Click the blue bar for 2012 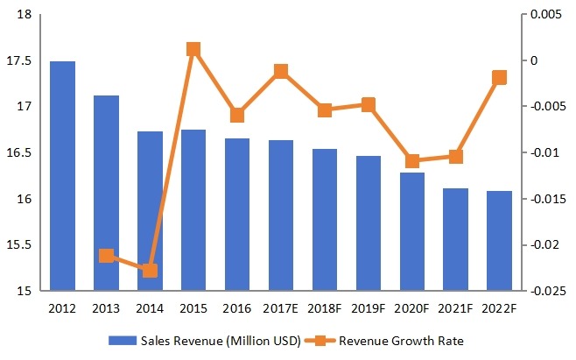coord(62,175)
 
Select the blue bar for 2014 coord(150,210)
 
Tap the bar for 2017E coord(281,215)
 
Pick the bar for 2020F coord(411,231)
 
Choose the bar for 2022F coord(499,240)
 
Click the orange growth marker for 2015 coord(193,49)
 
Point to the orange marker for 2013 coord(106,256)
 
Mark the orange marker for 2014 coord(150,270)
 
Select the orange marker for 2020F coord(411,160)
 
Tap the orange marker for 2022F coord(499,78)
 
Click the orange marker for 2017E coord(281,72)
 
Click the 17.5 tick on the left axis coord(20,61)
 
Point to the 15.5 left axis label coord(20,245)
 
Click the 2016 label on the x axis coord(237,309)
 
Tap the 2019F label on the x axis coord(369,309)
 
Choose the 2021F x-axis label coord(455,309)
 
